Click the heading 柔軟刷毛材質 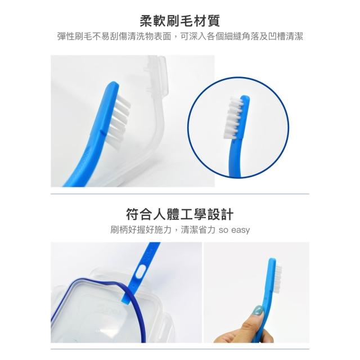click(180, 21)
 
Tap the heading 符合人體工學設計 click(180, 214)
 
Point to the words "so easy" click(234, 230)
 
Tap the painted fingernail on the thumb click(258, 311)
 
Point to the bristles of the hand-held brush click(278, 278)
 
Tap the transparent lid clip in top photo click(156, 76)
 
